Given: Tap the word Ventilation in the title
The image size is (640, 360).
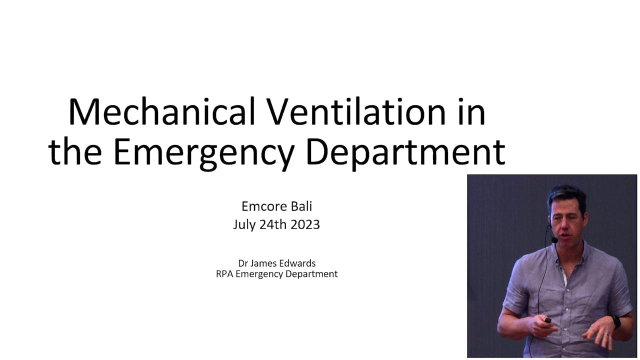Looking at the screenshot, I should (357, 112).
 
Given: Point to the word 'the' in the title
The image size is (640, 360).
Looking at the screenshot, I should (75, 152).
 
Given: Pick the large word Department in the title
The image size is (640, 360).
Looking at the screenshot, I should (405, 153).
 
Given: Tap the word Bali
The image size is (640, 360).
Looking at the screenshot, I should (301, 206).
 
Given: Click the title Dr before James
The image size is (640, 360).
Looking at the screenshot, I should (243, 263).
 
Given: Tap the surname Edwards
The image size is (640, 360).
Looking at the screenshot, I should (299, 263).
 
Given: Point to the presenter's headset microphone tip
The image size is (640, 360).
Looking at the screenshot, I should (554, 240).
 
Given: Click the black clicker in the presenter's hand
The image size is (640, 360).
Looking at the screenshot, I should (548, 320).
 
